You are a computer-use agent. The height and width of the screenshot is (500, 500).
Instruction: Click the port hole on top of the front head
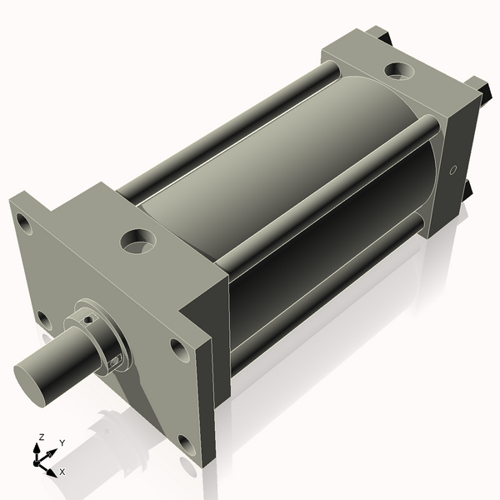click(x=137, y=242)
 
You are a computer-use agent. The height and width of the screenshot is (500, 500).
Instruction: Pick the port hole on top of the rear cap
click(x=397, y=72)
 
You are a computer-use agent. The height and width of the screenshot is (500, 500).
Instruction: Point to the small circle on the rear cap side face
click(x=453, y=171)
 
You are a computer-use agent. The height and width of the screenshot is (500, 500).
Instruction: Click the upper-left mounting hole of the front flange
click(x=23, y=223)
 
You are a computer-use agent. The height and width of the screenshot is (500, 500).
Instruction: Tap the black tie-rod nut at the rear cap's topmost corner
click(x=379, y=34)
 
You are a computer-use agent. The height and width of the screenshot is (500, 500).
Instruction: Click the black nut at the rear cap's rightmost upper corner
click(x=477, y=87)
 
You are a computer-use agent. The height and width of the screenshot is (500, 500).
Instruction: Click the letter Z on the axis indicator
click(x=39, y=436)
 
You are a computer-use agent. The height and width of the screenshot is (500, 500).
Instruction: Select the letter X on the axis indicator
click(x=62, y=472)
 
